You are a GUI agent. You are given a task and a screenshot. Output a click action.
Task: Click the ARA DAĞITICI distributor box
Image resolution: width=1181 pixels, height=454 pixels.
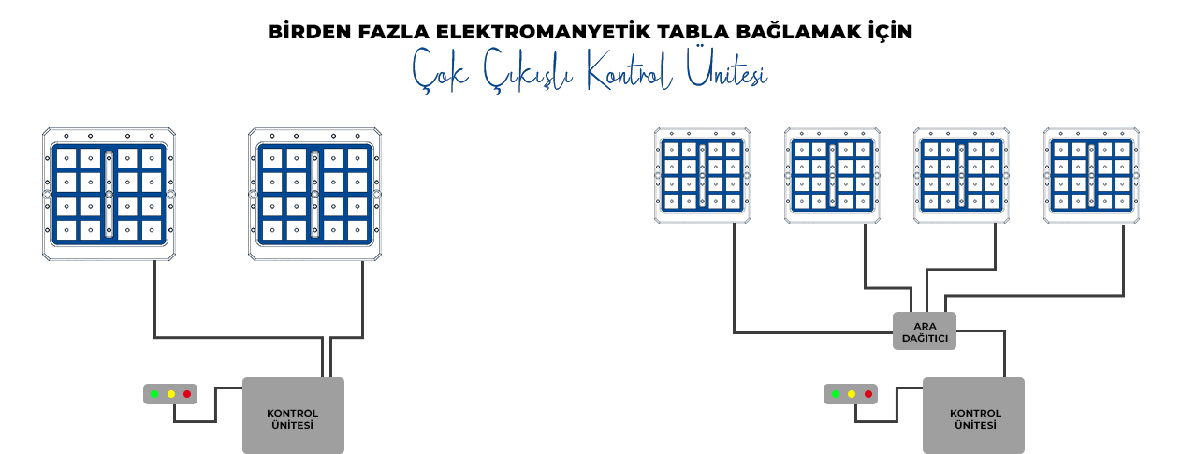coord(925,331)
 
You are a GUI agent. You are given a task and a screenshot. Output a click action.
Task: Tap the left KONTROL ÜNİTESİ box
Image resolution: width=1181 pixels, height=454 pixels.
coord(293,416)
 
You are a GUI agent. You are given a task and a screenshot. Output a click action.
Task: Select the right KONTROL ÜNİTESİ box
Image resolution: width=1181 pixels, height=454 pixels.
coord(974,416)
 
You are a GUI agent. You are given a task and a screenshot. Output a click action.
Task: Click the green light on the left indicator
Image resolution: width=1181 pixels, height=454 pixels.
coord(154,394)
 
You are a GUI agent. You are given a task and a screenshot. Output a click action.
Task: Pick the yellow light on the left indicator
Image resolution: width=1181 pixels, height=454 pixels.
coord(171,394)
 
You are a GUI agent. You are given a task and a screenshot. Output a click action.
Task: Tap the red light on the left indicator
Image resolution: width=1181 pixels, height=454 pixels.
coord(187,394)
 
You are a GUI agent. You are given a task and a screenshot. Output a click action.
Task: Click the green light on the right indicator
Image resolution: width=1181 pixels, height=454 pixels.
coord(835,394)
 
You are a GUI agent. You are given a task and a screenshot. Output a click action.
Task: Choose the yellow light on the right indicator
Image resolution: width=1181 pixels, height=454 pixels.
coord(852,394)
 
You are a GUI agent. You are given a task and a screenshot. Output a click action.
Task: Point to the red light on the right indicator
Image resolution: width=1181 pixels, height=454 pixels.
coord(868,394)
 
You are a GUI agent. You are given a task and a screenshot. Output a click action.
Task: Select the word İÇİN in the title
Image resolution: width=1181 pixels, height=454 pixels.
coord(891,31)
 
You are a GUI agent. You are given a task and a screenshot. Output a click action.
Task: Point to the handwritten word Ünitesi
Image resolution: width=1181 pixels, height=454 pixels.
coord(726,67)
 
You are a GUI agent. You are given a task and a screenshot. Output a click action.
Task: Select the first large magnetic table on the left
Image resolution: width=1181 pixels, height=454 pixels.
coord(109,194)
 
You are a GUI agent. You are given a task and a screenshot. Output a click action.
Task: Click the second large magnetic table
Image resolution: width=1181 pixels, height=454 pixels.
coord(314,194)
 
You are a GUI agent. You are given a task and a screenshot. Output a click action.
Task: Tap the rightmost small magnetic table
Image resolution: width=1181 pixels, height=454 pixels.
coord(1091,175)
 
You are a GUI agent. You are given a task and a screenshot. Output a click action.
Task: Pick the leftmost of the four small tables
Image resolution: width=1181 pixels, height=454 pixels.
coord(702,175)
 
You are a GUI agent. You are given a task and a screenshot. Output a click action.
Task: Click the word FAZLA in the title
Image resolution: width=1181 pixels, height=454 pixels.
coord(393,32)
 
